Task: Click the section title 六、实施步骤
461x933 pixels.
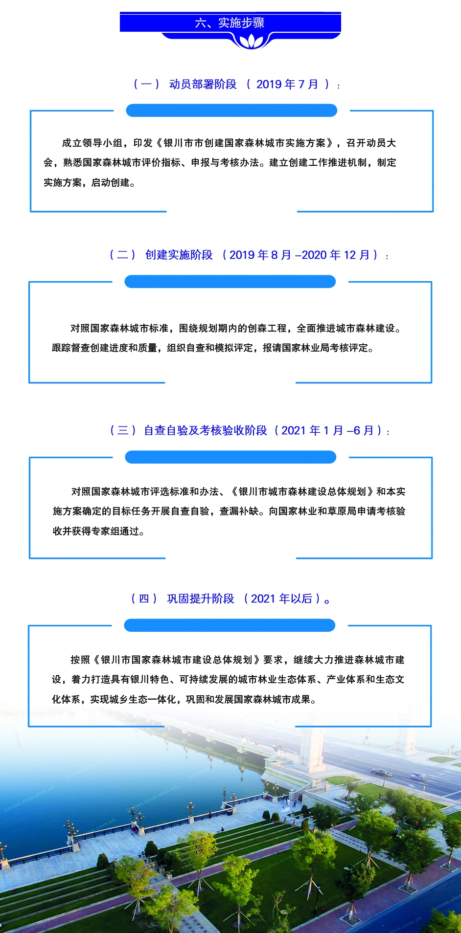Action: coord(230,23)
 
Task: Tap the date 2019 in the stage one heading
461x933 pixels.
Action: coord(269,84)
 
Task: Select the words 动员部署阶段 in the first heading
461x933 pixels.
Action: coord(203,84)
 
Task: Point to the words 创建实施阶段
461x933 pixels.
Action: coord(179,255)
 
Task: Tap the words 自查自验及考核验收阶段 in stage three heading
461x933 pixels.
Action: coord(206,430)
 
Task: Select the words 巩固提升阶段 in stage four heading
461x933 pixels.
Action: coord(201,599)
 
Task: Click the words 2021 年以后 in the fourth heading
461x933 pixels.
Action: coord(281,599)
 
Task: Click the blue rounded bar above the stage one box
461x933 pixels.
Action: coord(231,111)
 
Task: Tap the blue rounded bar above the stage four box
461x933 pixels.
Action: coord(230,625)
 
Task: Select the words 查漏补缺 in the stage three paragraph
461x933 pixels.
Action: coord(239,511)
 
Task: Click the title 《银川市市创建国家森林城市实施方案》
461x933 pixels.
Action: coord(245,143)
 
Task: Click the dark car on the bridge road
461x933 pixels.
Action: coord(381,773)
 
